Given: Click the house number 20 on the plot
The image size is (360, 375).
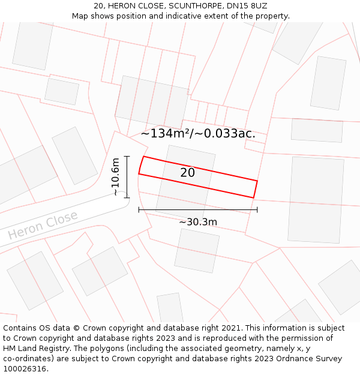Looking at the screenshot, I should (187, 173).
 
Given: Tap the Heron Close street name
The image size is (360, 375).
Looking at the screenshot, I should (43, 225).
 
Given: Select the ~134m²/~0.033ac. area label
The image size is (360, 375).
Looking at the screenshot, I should (198, 134).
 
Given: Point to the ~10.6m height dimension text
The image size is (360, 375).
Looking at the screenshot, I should (116, 176).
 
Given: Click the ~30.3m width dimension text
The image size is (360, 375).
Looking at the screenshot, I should (198, 222).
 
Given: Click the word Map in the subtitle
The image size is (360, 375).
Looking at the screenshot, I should (80, 16).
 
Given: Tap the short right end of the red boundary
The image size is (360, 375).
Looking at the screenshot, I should (256, 189).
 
